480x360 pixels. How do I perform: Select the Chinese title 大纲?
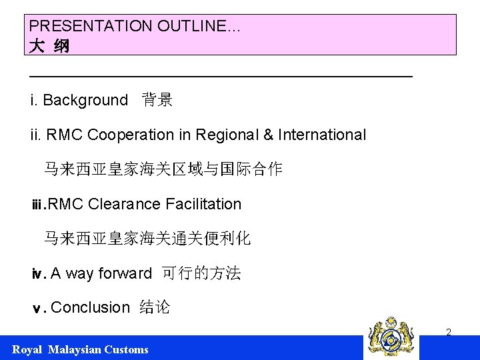click(49, 47)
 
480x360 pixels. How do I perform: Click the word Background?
click(85, 101)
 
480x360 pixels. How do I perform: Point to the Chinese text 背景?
click(157, 101)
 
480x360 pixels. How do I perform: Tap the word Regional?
click(227, 135)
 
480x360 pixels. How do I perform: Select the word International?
click(322, 135)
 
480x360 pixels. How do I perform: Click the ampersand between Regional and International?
click(269, 135)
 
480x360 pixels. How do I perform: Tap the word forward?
click(125, 273)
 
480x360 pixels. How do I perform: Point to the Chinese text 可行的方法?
click(201, 273)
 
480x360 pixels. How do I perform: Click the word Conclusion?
click(90, 307)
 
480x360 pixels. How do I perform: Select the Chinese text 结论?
click(155, 307)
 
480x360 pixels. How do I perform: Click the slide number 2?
click(449, 332)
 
